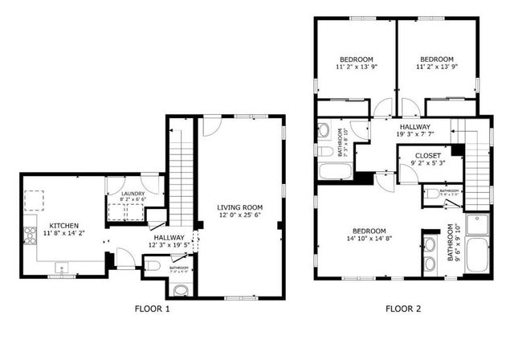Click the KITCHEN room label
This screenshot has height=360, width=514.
coord(63,225)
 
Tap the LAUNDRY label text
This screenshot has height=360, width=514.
coord(133,193)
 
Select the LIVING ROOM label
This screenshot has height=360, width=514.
coord(239,207)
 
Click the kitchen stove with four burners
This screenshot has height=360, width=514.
coord(31,235)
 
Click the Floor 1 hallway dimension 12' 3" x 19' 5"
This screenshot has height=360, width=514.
coord(167,247)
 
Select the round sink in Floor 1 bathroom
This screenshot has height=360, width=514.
coord(182,289)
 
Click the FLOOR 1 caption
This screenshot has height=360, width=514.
coord(152,308)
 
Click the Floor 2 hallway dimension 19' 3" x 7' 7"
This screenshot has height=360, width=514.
coord(414,135)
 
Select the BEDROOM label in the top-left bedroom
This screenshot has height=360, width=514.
coord(355,59)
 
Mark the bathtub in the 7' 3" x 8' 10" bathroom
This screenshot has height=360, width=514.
coord(335,170)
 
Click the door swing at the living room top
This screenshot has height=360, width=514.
coord(211,127)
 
